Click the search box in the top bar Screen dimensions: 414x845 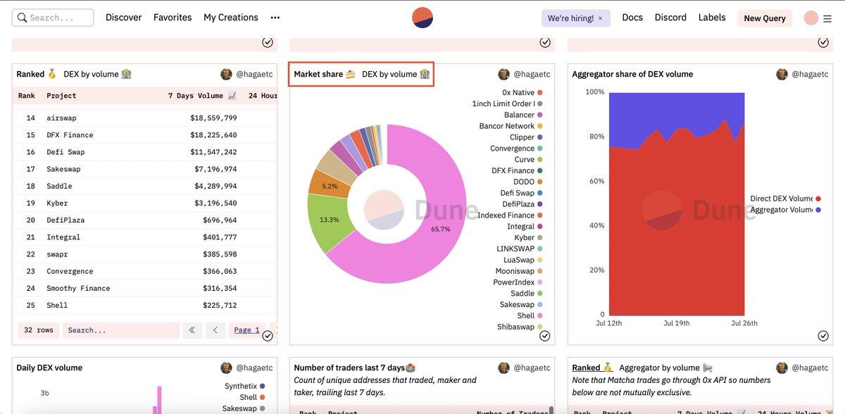click(54, 18)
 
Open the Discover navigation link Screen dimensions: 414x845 click(123, 18)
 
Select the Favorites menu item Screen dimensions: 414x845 click(173, 18)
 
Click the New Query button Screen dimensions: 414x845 click(765, 18)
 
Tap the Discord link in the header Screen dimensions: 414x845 click(670, 18)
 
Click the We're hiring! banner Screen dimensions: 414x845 click(571, 18)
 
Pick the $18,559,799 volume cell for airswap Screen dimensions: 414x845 click(213, 118)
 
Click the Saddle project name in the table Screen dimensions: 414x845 click(59, 187)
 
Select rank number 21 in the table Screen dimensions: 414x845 click(30, 237)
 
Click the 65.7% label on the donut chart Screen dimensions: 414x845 click(441, 229)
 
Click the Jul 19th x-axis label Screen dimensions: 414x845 click(676, 323)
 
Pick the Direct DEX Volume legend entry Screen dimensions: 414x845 click(781, 199)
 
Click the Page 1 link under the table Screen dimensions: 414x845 click(246, 330)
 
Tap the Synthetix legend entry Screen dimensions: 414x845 click(241, 386)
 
